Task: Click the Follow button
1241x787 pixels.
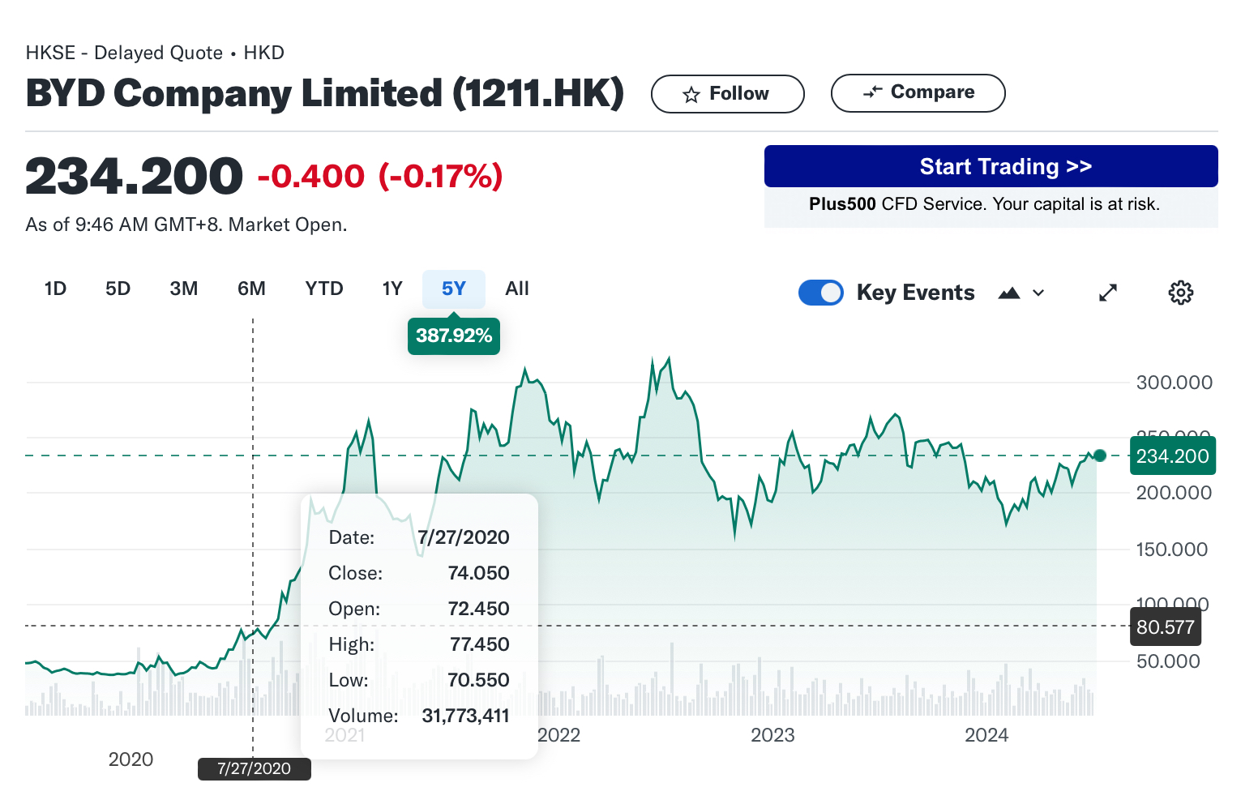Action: [727, 94]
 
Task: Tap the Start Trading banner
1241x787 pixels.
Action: [990, 167]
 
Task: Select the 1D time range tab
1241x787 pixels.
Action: [55, 289]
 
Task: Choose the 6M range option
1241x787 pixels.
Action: [251, 289]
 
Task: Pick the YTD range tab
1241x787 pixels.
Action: [324, 289]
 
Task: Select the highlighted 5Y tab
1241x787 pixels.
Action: [453, 289]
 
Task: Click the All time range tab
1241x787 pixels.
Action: [516, 289]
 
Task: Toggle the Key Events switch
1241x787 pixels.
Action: [820, 293]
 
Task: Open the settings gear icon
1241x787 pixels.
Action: [1180, 293]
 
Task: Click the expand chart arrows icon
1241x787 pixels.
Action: [1107, 293]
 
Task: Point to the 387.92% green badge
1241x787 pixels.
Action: [453, 336]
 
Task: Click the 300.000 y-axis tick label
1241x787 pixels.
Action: [1174, 383]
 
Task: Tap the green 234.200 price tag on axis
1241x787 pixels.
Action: [1172, 456]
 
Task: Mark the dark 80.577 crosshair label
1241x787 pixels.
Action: [1165, 627]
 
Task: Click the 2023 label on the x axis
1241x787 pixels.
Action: [772, 735]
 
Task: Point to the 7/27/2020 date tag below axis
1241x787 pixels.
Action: [254, 768]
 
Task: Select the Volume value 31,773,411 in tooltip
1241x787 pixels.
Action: [465, 716]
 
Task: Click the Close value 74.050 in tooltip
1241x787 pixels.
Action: [478, 573]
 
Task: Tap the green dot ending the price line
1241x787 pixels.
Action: [1099, 456]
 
